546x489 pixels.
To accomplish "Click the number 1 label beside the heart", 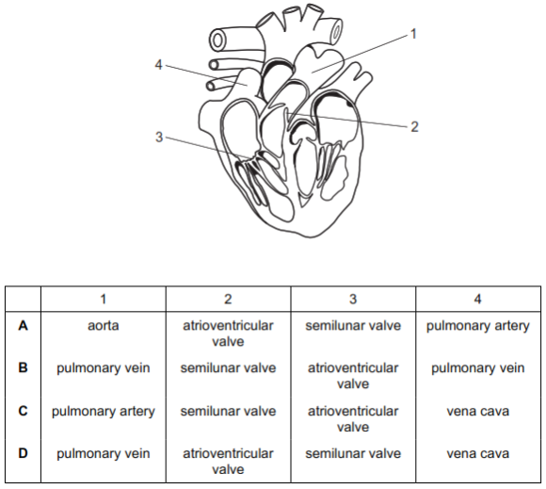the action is click(413, 34).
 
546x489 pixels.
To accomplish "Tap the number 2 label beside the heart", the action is click(414, 126).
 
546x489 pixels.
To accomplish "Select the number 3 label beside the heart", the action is click(159, 137).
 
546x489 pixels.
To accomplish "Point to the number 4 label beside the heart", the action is click(159, 64).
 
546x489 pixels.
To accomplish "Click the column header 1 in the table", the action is click(103, 299).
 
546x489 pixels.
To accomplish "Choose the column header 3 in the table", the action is click(353, 299).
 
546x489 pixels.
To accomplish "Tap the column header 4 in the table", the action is click(478, 299).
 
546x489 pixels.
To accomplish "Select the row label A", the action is click(23, 326).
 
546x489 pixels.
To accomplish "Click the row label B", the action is click(23, 367).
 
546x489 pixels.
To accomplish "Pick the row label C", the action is click(23, 411).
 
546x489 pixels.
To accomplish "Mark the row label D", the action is click(23, 453).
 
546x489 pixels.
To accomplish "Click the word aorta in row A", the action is click(103, 326).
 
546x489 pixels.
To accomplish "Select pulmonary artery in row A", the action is click(478, 327).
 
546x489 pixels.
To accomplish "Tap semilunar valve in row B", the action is click(228, 368).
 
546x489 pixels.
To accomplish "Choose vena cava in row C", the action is click(478, 412).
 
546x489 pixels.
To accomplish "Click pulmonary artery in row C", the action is click(103, 413).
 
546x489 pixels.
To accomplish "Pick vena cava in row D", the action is click(478, 454).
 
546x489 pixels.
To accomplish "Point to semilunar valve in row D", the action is click(353, 453).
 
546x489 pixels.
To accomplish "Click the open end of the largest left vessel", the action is click(218, 41).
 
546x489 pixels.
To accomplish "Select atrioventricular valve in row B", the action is click(353, 376).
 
